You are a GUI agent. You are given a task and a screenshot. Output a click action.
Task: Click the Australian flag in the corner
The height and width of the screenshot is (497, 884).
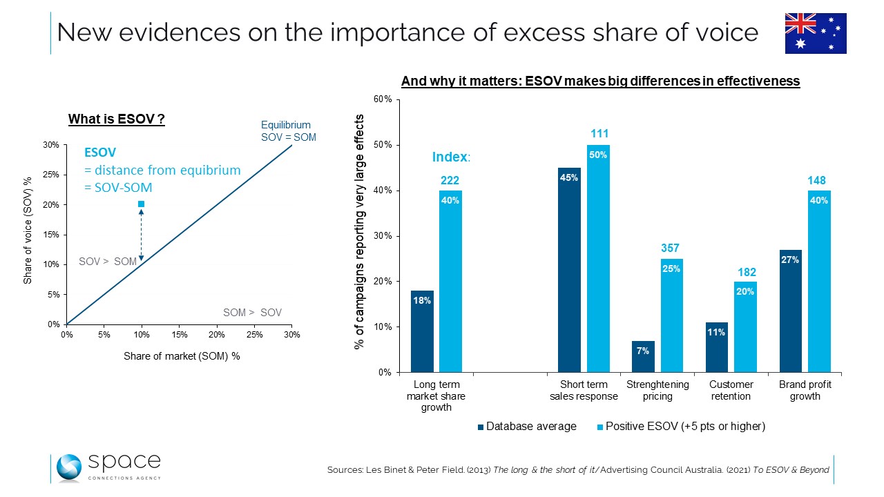point(816,33)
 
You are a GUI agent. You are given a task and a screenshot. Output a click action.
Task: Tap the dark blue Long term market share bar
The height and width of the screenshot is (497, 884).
point(422,331)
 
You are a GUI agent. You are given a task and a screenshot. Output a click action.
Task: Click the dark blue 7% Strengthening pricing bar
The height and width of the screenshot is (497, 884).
point(643,356)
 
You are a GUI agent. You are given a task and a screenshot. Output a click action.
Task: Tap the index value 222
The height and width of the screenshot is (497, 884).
point(450,179)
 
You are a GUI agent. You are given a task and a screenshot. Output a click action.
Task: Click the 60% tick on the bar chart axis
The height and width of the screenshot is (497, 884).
point(383,99)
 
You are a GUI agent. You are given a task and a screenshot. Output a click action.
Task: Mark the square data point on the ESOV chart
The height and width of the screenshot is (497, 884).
point(141,204)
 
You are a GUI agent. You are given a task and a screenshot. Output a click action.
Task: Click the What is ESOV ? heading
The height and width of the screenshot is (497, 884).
point(116,119)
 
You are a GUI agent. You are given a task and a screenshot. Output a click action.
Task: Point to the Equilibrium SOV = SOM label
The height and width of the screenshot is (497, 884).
point(288,131)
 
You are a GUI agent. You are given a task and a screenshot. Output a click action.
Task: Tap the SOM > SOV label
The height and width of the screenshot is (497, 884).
point(252,313)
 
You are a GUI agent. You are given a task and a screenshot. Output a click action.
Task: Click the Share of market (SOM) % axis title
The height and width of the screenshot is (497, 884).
point(181,356)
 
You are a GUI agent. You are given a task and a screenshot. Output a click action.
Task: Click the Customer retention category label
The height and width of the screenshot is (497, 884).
point(731,390)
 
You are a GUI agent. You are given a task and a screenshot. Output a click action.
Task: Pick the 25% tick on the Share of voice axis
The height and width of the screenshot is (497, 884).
point(50,175)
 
